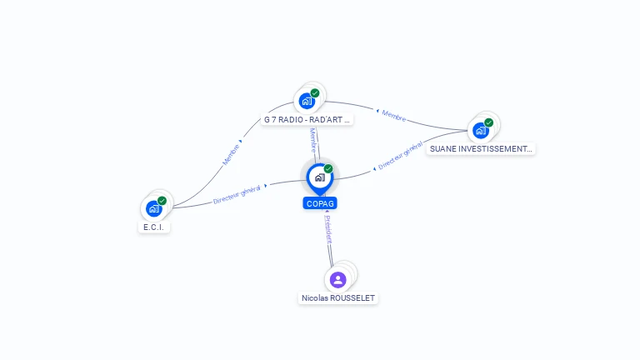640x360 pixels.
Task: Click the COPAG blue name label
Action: point(320,203)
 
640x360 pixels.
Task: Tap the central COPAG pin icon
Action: point(319,177)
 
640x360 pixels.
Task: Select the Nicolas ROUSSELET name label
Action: point(338,297)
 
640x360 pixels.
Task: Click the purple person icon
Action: point(337,279)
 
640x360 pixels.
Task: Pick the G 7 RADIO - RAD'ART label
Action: point(307,119)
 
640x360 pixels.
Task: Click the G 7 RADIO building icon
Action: point(307,101)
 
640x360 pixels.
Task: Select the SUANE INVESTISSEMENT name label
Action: point(481,149)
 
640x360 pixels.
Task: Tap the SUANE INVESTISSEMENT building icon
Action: point(480,130)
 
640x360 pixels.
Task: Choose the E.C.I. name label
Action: point(154,227)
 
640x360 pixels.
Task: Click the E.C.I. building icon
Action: point(153,208)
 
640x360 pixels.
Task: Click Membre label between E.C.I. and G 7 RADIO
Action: point(231,153)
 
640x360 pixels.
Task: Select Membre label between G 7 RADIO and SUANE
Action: point(393,117)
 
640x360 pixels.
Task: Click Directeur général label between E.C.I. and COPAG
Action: point(237,195)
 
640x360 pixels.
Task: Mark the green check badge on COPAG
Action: point(328,168)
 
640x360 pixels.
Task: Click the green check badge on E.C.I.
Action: point(162,200)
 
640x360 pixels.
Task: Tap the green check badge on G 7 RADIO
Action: point(315,92)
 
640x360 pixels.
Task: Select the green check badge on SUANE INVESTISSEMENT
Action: point(488,122)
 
